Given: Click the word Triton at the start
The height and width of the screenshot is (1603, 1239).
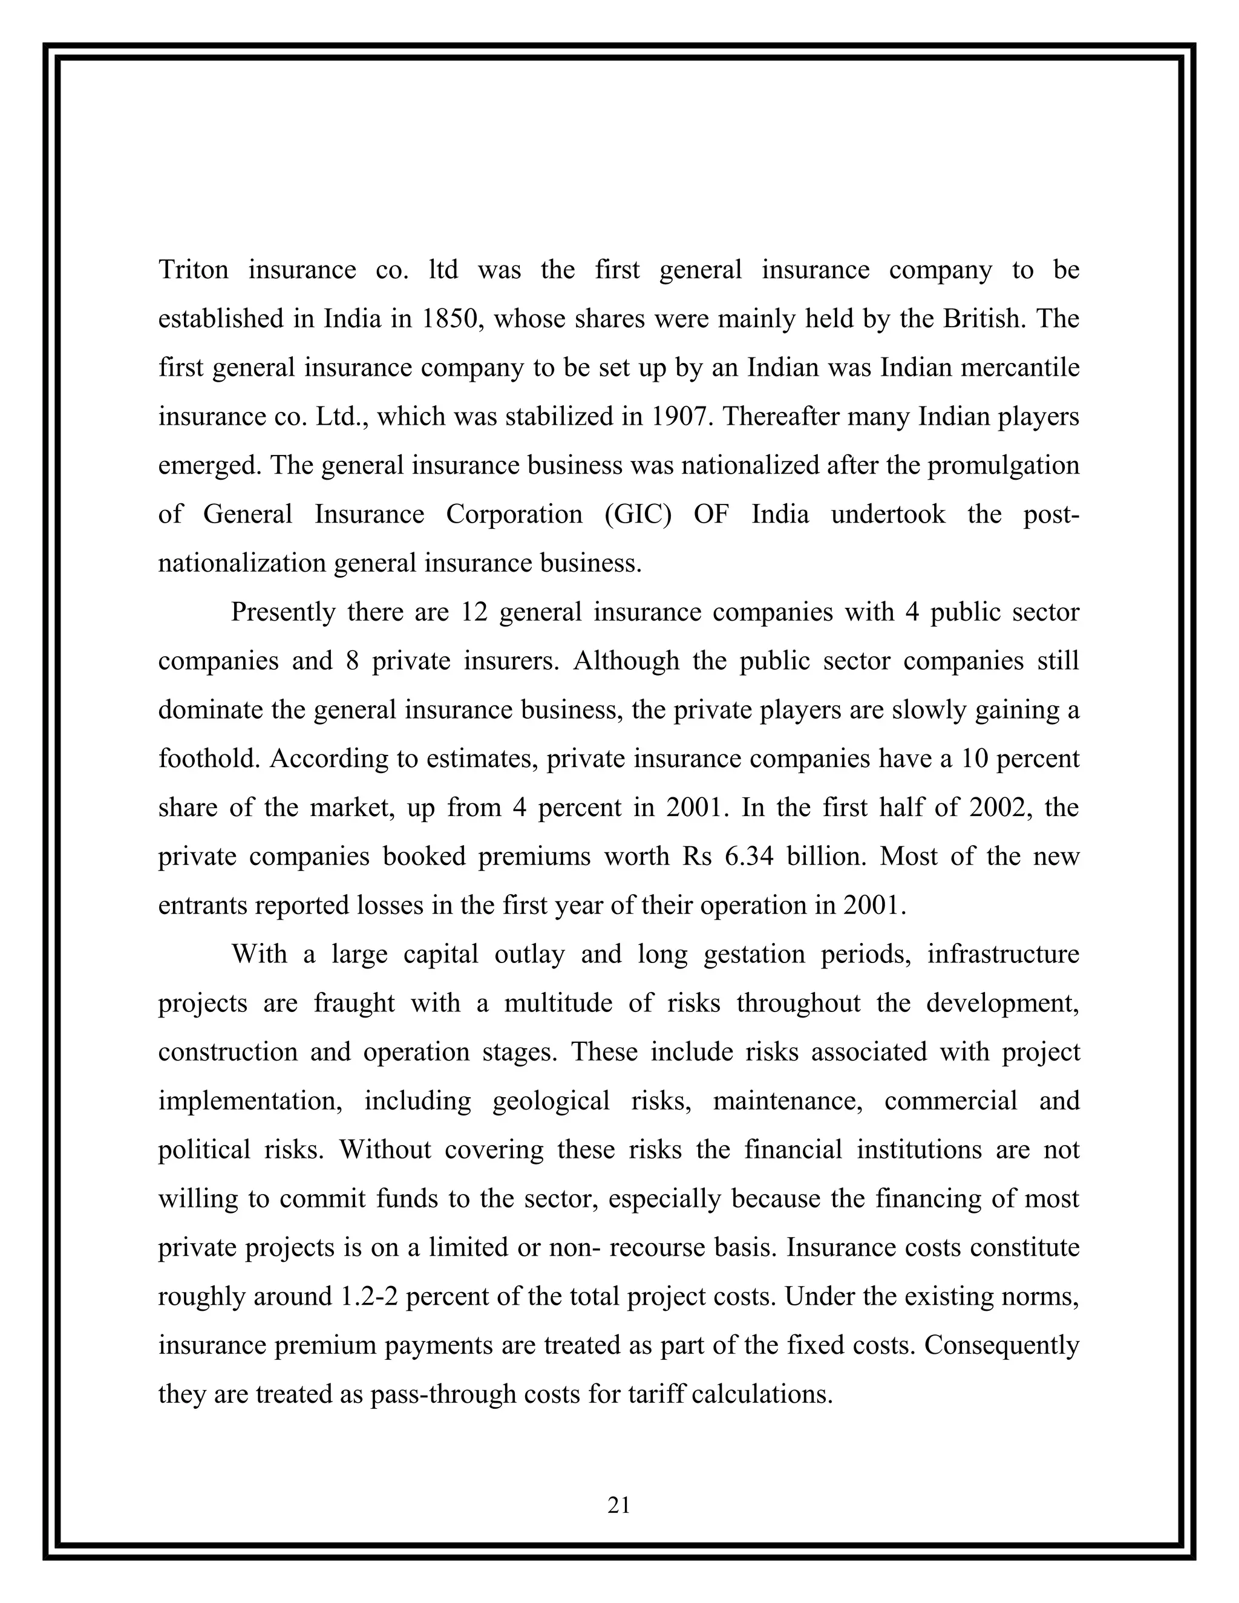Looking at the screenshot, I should coord(193,270).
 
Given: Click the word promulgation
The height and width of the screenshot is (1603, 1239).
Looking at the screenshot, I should coord(1004,465).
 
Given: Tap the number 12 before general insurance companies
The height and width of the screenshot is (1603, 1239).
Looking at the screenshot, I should coord(474,612).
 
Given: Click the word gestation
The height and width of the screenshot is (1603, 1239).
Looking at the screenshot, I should coord(750,954).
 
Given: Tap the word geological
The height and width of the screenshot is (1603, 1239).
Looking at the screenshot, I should coord(551,1101).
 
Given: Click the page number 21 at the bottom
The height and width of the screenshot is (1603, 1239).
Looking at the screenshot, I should coord(619,1506).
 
